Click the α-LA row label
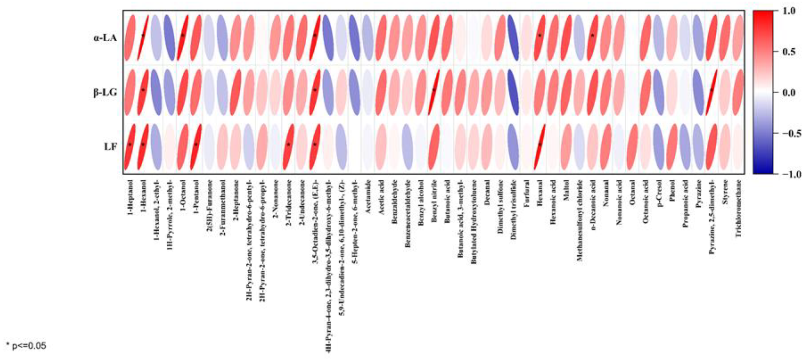(105, 39)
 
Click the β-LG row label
(105, 93)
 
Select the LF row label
(110, 147)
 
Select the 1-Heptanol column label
(130, 197)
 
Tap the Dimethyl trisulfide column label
(513, 209)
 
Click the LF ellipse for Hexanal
(539, 147)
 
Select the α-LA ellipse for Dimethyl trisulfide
(513, 38)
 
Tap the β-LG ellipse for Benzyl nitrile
(434, 92)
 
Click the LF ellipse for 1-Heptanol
(130, 147)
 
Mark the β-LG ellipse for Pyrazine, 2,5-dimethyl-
(711, 92)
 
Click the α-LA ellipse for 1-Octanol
(183, 38)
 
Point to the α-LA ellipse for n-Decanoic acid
(592, 38)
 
